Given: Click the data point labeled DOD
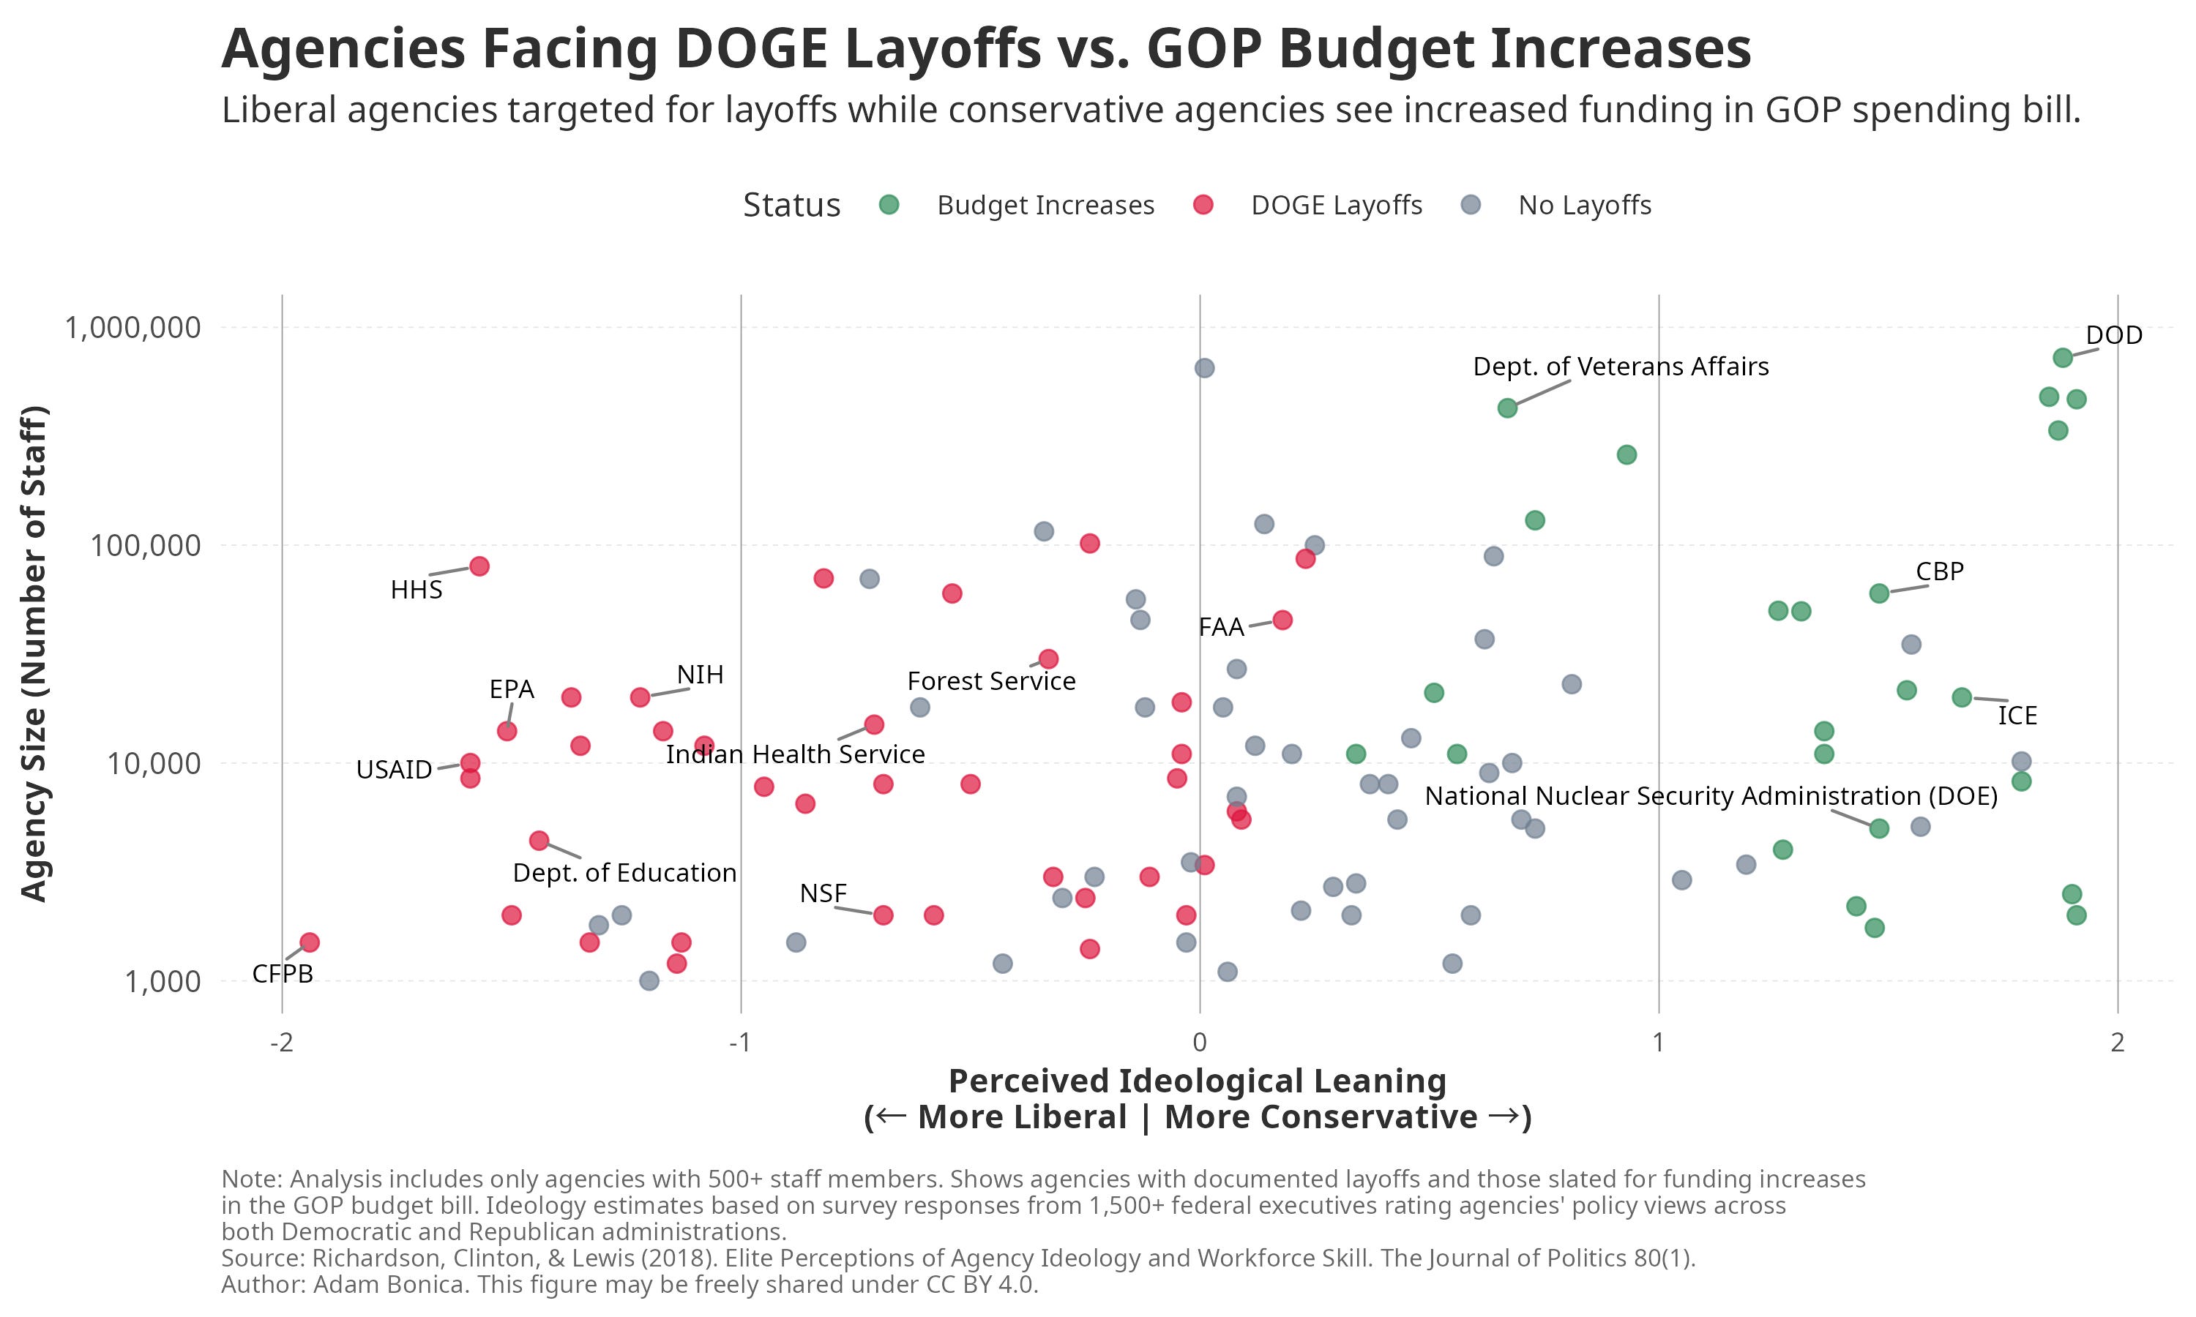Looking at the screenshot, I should (2062, 358).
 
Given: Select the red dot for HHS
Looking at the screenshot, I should (479, 566).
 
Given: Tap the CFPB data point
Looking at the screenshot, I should (309, 942).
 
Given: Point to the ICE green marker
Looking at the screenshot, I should (1962, 697).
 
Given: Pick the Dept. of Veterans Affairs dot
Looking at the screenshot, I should (1507, 408).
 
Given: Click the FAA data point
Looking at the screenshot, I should (1282, 620).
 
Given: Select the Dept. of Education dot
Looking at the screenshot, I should (539, 841).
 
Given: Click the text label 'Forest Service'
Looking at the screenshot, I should (990, 682).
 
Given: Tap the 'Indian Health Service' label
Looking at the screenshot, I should (795, 754).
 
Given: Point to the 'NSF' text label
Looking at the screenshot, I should (823, 893).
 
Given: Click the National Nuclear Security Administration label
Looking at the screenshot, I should (1711, 796).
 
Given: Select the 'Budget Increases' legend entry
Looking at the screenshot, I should (1045, 206).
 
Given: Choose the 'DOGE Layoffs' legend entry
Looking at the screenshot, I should (1336, 206).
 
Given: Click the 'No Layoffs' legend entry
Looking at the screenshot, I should (1585, 206).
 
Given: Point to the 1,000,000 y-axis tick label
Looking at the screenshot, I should (133, 328).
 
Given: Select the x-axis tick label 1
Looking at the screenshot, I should (1658, 1043).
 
